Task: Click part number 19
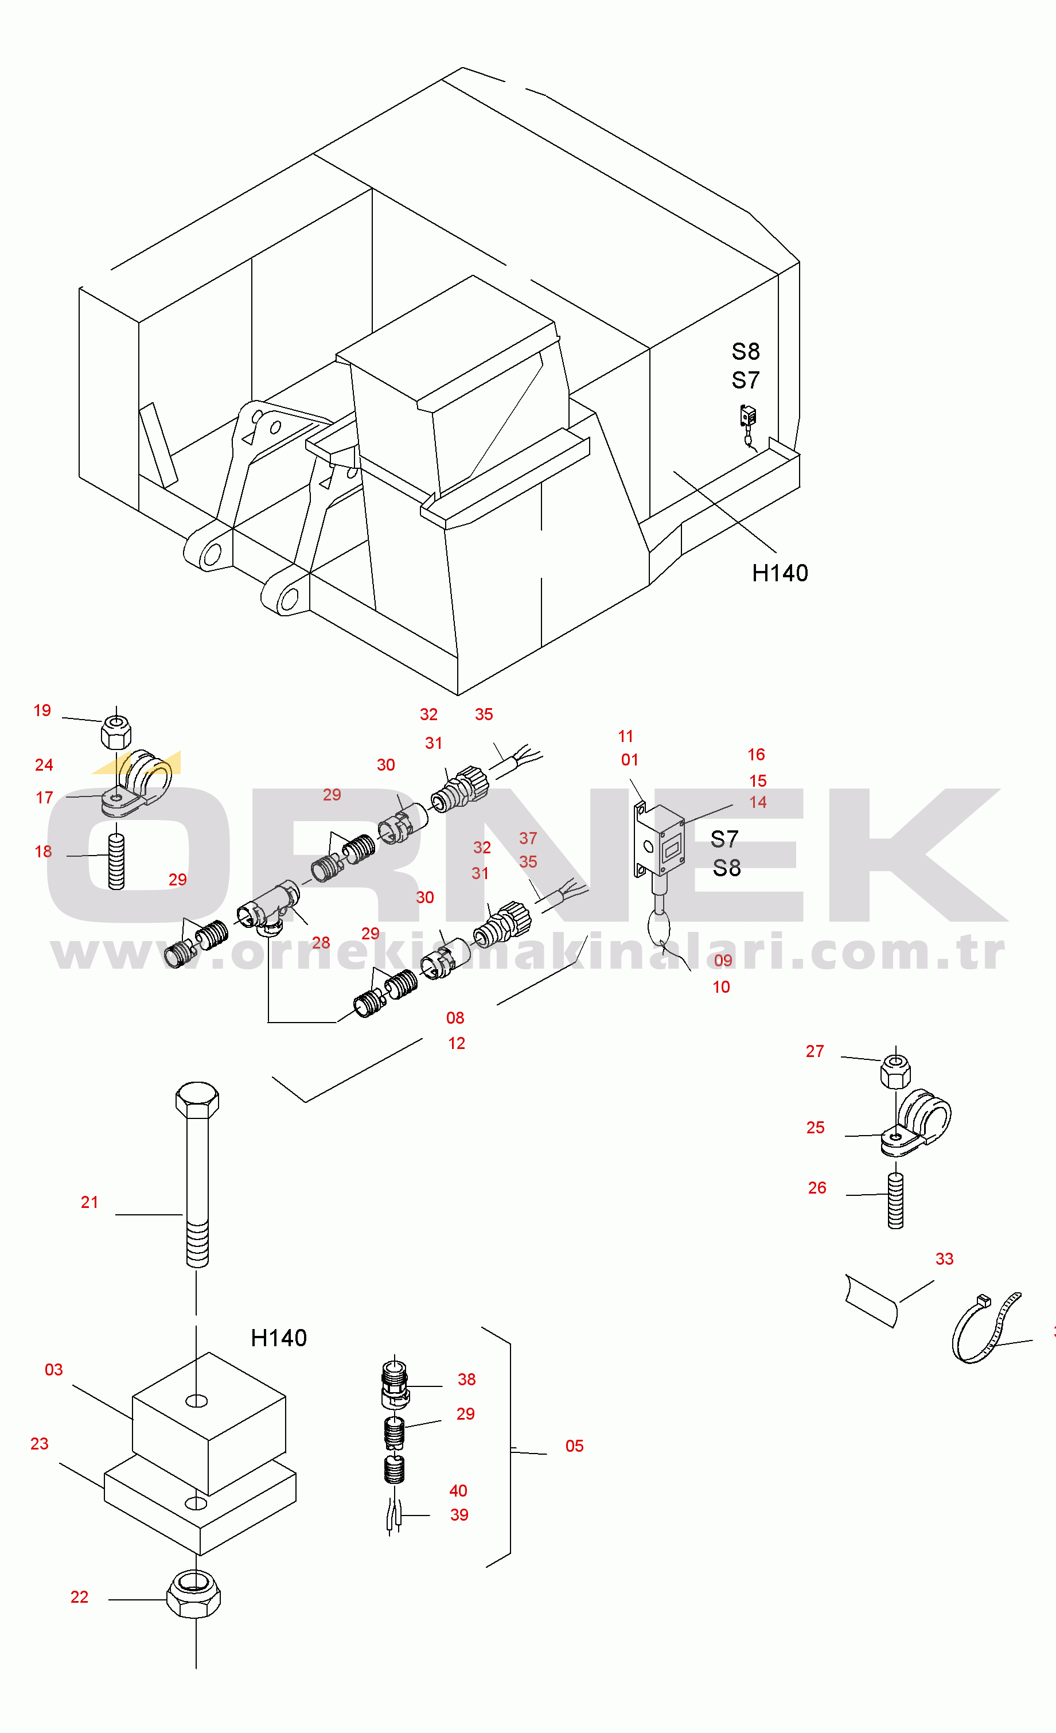click(42, 710)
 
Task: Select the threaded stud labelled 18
click(116, 861)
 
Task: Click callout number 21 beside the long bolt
click(89, 1202)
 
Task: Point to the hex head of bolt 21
click(197, 1100)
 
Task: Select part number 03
click(53, 1369)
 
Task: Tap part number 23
click(40, 1443)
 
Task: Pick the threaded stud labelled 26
click(896, 1200)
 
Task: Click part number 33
click(944, 1258)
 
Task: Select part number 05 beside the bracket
click(574, 1446)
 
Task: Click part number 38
click(467, 1379)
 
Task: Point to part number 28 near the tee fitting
click(321, 942)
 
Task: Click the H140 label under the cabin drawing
click(780, 573)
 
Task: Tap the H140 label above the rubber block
click(278, 1338)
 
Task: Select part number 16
click(756, 755)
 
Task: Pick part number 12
click(456, 1043)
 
